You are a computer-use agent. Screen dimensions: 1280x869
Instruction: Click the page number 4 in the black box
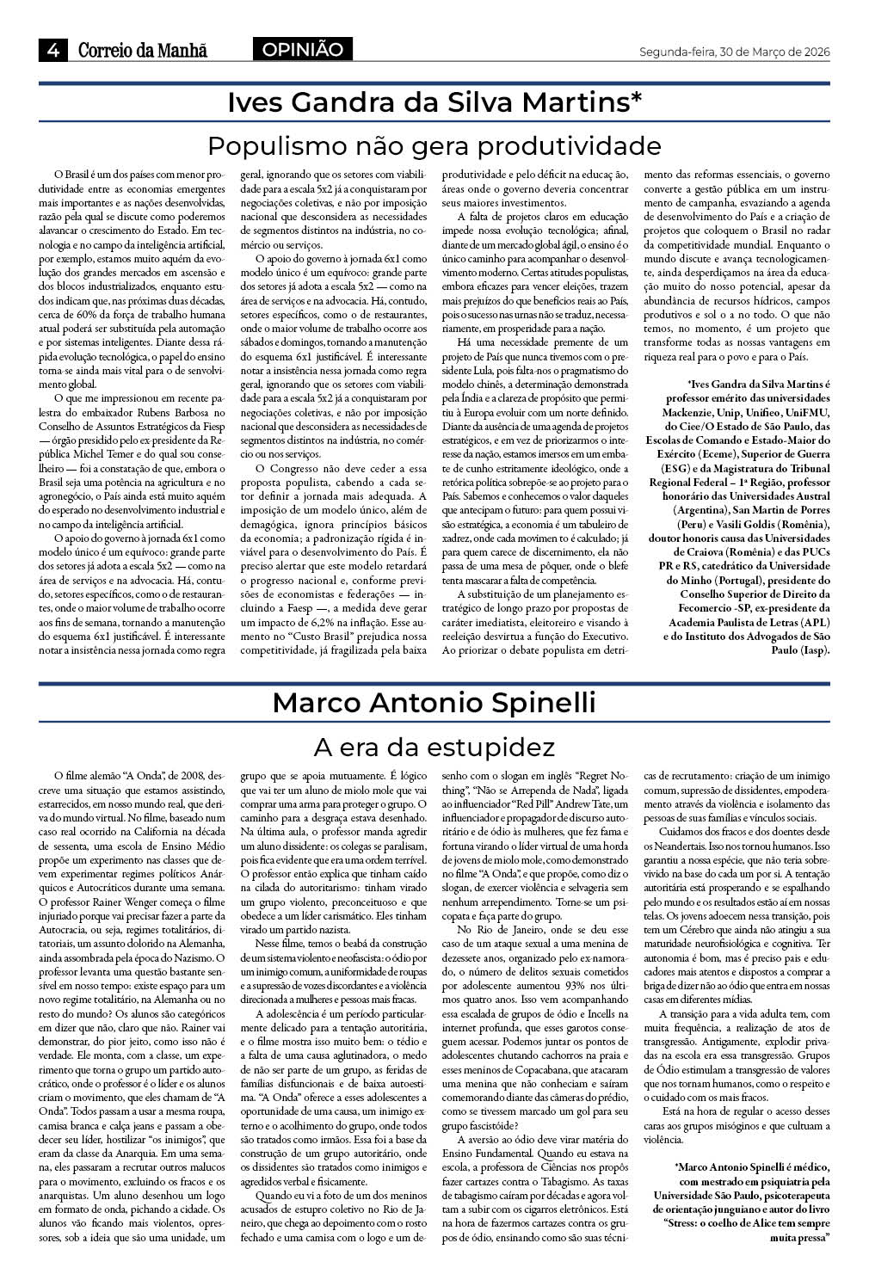[52, 51]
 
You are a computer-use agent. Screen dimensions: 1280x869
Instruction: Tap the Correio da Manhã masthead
[143, 51]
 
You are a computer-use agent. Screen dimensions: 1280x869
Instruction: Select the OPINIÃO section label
[304, 50]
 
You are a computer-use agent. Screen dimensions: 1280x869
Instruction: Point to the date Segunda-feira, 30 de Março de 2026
[734, 52]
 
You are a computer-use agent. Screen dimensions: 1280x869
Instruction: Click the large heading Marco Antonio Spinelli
[434, 703]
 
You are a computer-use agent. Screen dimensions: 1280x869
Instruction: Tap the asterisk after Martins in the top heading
[636, 101]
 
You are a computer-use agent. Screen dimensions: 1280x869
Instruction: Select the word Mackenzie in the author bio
[684, 413]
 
